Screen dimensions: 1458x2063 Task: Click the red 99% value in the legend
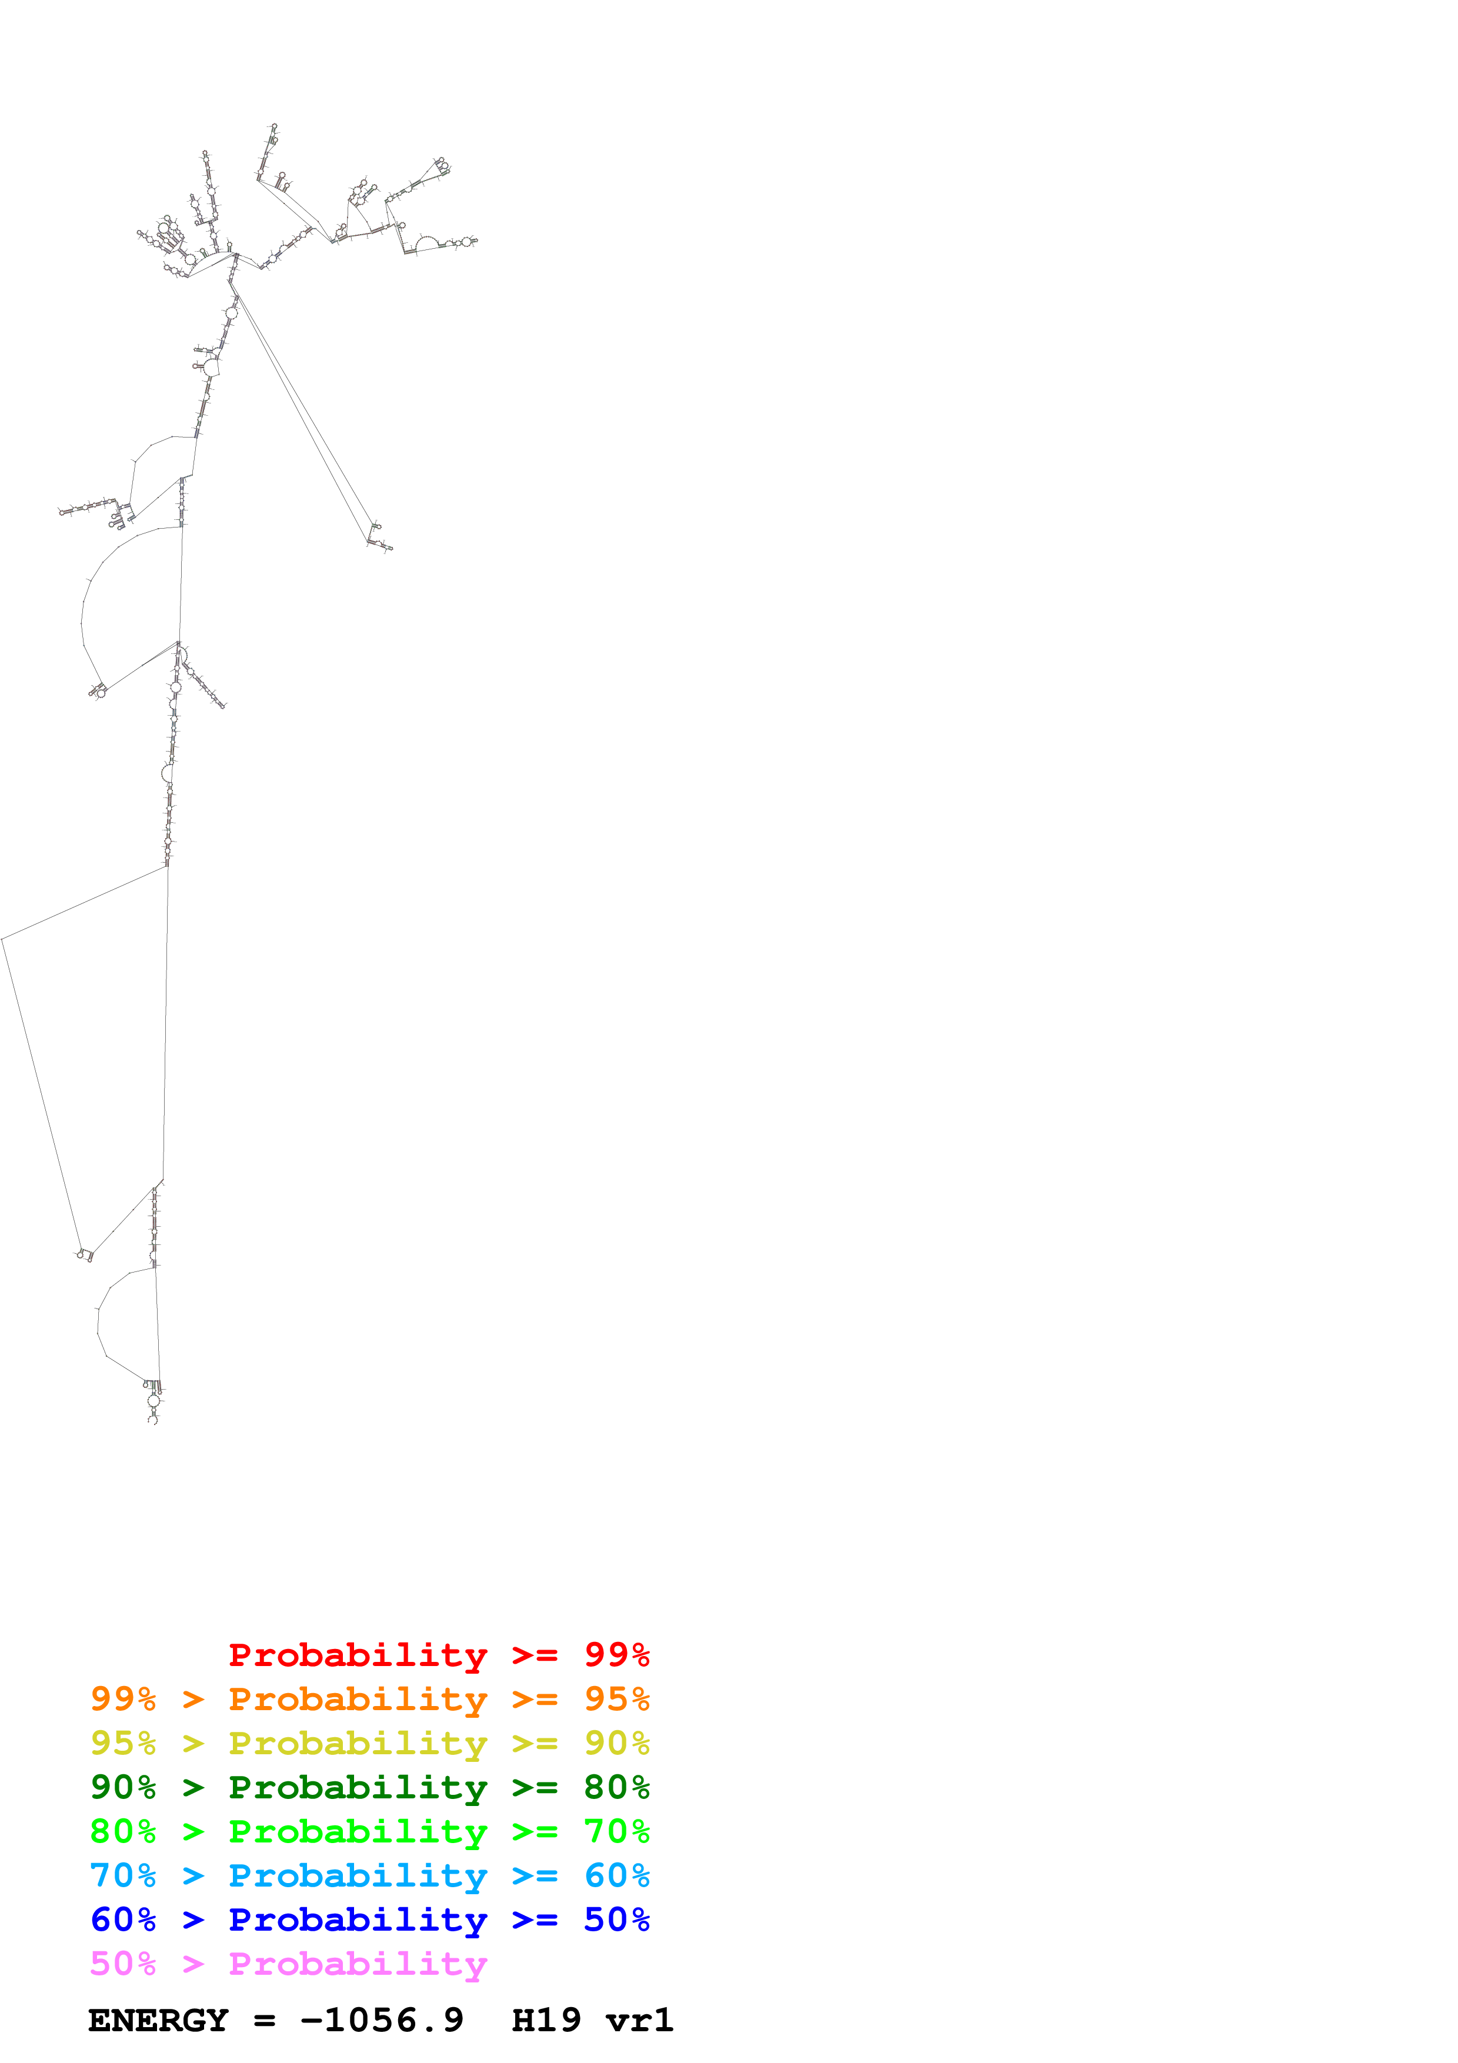point(616,1655)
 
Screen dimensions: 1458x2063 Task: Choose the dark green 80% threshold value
point(616,1787)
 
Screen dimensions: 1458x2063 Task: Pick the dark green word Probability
point(358,1787)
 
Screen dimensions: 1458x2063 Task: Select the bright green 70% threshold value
point(616,1831)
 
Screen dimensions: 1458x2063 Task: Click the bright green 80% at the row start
point(123,1831)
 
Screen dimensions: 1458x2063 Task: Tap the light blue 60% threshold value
point(616,1875)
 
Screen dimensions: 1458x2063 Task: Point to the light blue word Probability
point(358,1875)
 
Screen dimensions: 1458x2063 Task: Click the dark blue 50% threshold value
point(616,1920)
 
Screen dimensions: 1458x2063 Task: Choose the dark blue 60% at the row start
point(123,1920)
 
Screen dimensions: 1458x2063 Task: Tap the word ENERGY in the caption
point(158,2020)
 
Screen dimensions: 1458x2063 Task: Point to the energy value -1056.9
point(382,2020)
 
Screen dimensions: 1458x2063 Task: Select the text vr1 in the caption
point(640,2020)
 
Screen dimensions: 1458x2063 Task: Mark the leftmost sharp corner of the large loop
point(3,939)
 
